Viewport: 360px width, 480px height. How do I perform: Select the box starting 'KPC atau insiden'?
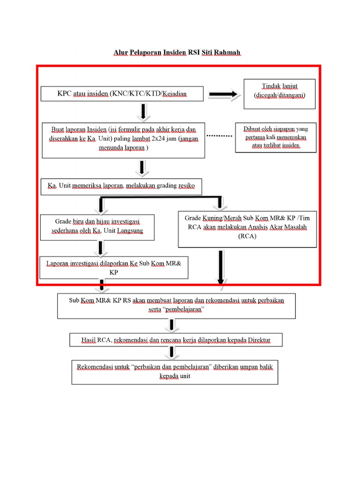[122, 94]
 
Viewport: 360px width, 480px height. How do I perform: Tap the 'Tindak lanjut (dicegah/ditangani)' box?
[279, 94]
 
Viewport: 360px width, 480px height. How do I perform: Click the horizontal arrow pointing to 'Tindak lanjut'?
[223, 94]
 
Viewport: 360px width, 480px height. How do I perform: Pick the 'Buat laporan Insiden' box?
[124, 140]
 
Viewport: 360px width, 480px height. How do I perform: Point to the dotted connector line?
[219, 136]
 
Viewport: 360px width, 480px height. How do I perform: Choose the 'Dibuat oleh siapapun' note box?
[276, 137]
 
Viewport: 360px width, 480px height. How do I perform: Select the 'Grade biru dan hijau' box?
[97, 227]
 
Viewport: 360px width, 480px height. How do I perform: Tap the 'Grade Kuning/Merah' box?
[247, 228]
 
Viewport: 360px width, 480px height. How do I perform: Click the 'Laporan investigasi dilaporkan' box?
[113, 268]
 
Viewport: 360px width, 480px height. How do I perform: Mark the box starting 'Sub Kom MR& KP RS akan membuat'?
[176, 306]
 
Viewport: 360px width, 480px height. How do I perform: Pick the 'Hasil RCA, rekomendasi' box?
[176, 339]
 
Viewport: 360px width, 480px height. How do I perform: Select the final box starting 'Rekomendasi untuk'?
[175, 372]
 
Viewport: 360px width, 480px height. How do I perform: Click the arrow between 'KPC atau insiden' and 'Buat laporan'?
[142, 112]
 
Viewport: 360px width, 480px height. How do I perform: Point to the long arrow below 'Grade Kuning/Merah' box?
[220, 267]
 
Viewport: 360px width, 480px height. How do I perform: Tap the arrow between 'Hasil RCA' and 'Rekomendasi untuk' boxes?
[173, 353]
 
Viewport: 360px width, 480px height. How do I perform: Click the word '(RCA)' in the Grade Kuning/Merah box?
[247, 237]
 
